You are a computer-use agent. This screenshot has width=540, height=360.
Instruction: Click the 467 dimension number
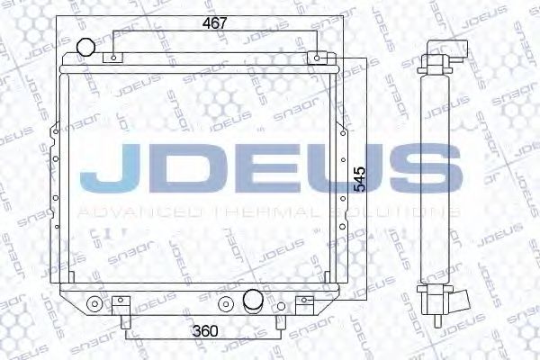click(215, 23)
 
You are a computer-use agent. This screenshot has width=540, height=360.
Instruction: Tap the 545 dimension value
click(360, 179)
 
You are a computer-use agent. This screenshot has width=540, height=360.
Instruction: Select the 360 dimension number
click(205, 331)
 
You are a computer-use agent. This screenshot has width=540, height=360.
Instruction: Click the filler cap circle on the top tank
click(85, 47)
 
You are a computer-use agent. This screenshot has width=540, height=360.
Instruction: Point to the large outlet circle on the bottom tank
click(253, 299)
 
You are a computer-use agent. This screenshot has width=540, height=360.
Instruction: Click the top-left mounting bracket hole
click(114, 58)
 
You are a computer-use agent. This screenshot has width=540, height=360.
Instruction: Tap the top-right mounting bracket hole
click(317, 58)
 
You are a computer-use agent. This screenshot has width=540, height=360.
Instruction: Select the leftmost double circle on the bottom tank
click(94, 304)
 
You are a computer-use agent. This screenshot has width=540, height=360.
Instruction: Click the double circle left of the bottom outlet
click(226, 304)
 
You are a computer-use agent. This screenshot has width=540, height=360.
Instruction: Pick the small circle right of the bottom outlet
click(281, 306)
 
